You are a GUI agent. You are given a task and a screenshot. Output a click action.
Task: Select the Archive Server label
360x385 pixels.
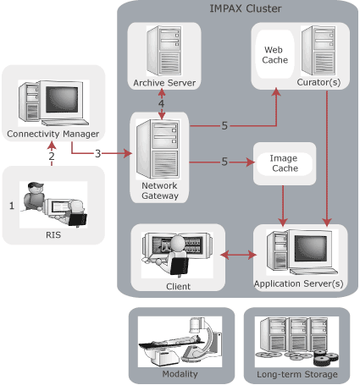click(164, 82)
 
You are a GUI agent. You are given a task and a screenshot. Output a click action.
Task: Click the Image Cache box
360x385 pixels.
click(284, 162)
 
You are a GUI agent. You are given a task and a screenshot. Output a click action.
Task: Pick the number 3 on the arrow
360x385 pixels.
click(97, 153)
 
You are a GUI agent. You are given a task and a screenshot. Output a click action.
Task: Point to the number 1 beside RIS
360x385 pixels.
click(11, 205)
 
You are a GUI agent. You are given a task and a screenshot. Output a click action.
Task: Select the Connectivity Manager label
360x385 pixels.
click(53, 134)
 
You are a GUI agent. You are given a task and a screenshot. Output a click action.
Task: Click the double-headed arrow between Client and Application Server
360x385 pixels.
click(238, 254)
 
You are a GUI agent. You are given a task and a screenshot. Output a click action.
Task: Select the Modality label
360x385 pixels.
click(180, 374)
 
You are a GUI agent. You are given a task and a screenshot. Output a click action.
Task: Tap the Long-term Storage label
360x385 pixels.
click(296, 374)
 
